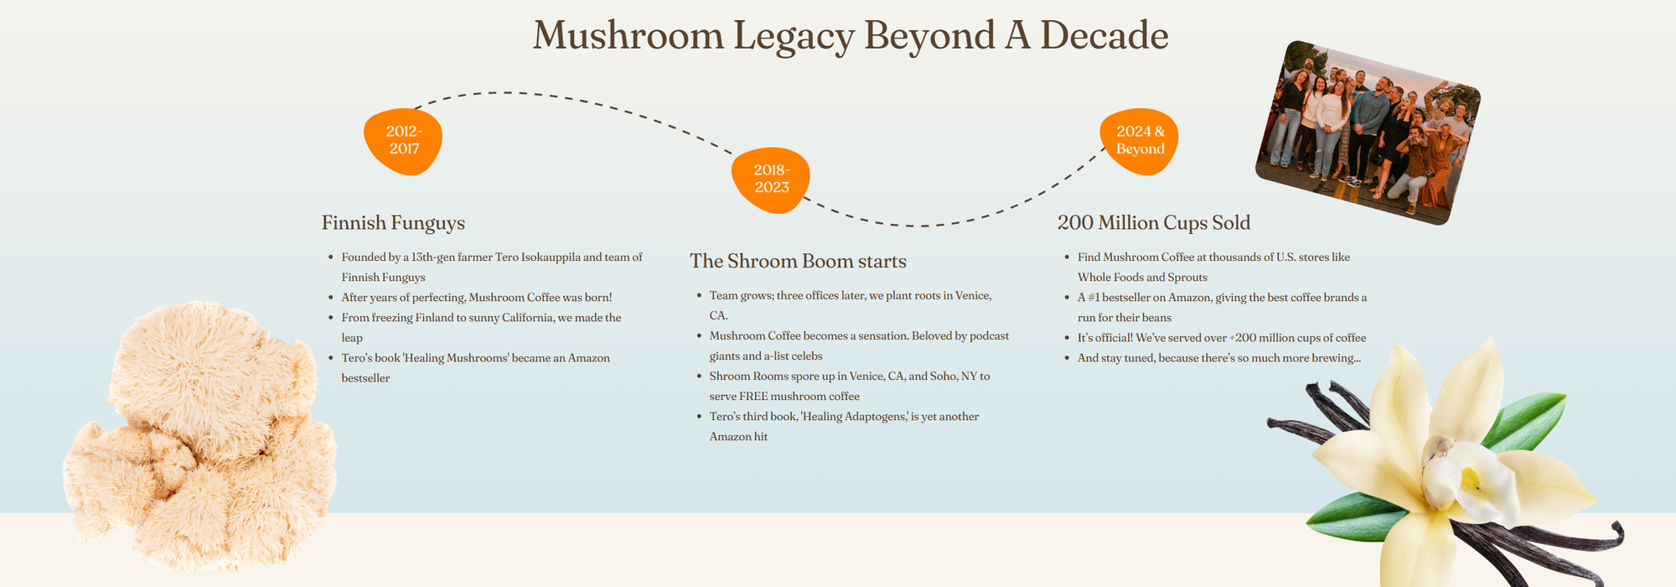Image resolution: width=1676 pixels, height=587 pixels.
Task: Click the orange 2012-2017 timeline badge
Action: (x=403, y=140)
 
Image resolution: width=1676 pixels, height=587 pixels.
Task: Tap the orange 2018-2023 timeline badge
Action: (x=771, y=179)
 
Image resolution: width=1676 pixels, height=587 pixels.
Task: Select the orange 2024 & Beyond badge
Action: (x=1140, y=140)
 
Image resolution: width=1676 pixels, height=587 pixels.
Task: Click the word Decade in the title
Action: (x=1104, y=36)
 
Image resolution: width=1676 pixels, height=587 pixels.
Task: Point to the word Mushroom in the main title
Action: (x=628, y=36)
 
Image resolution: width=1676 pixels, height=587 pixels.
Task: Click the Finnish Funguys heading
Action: (x=393, y=223)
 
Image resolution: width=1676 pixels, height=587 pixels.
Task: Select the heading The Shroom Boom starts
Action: (x=798, y=262)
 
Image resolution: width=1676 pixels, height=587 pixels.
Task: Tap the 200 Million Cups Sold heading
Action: (x=1153, y=223)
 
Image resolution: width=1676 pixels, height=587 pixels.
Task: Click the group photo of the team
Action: (x=1368, y=132)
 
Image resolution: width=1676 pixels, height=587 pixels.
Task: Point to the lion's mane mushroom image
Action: (x=201, y=436)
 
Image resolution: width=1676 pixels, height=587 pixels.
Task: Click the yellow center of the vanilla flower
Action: (x=1469, y=479)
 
